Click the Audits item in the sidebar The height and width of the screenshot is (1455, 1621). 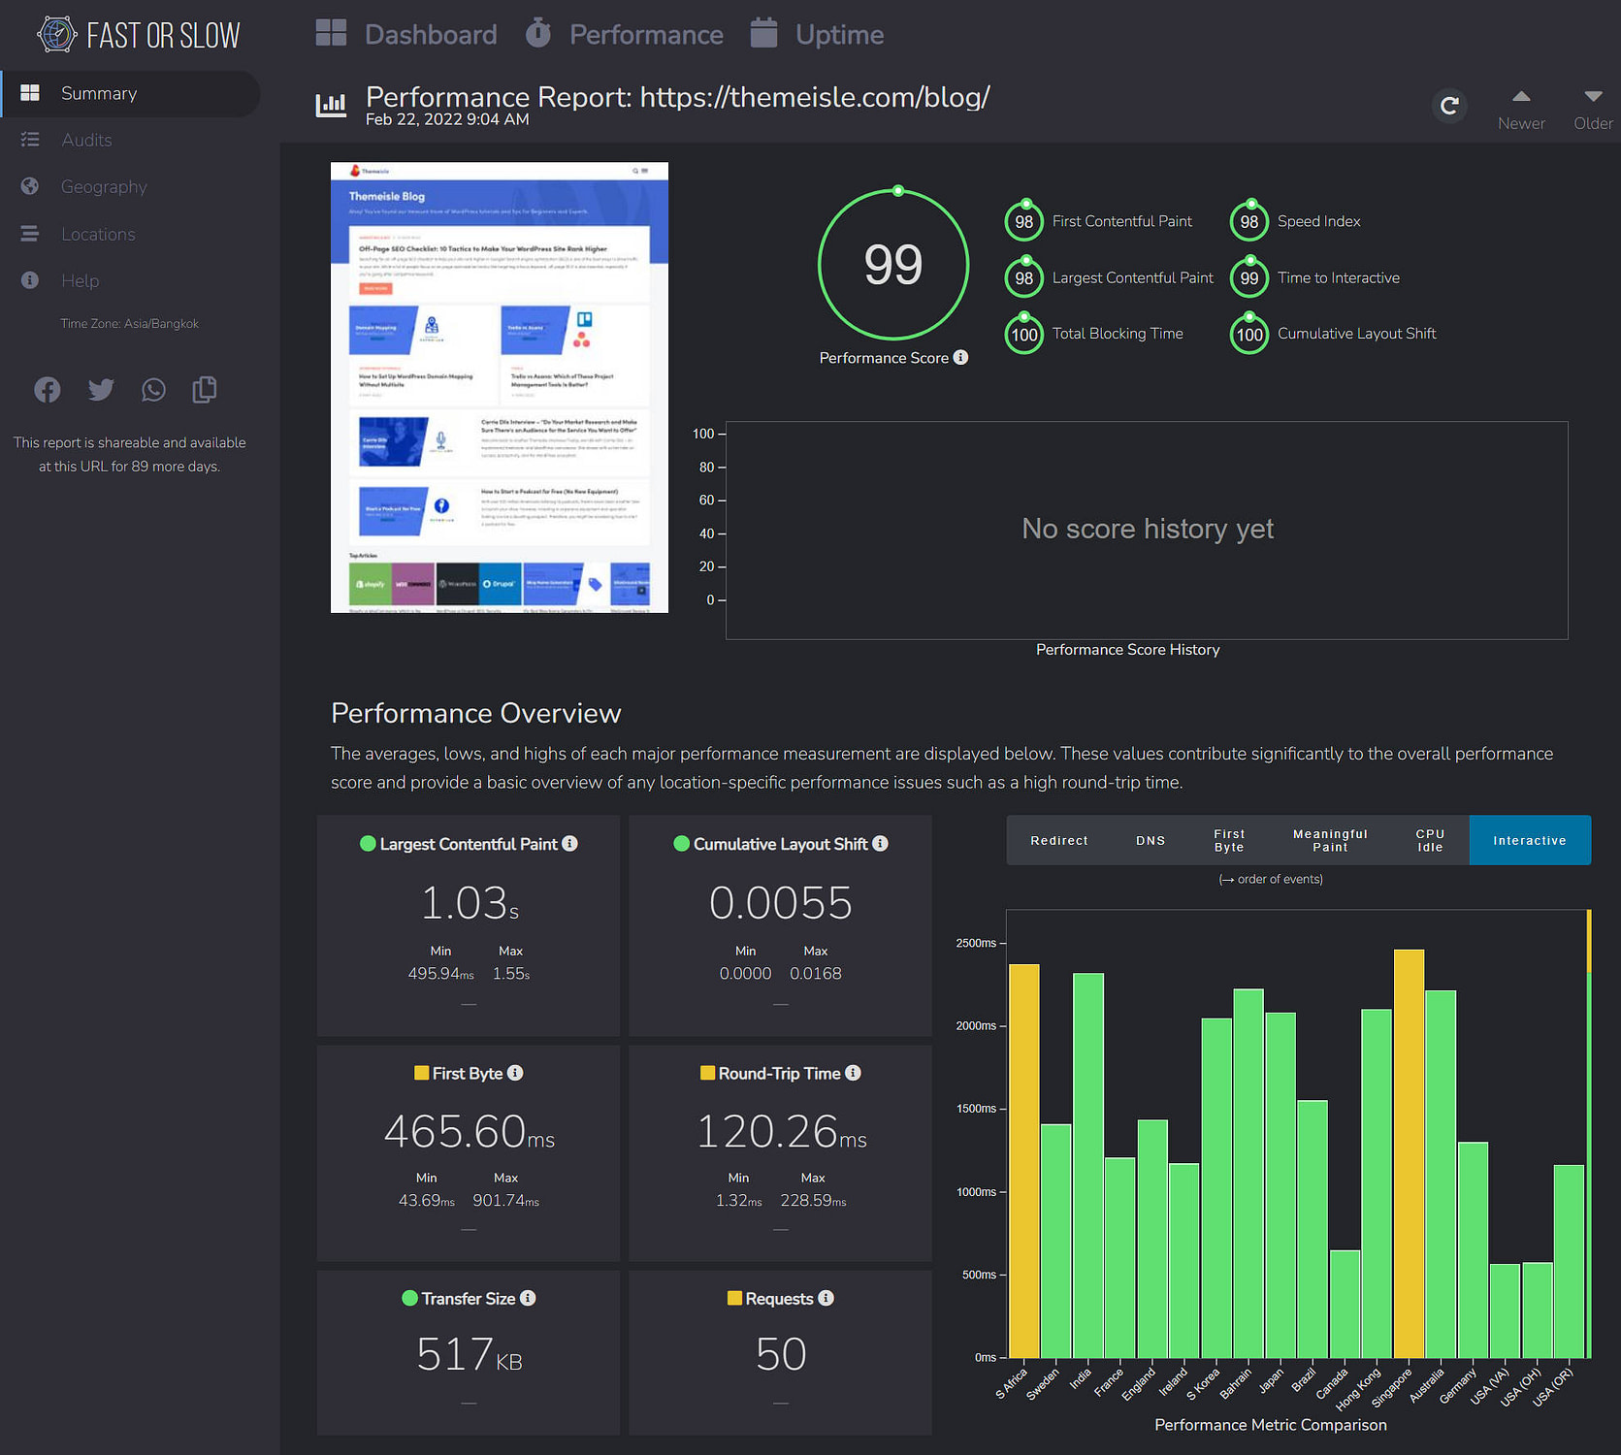coord(86,140)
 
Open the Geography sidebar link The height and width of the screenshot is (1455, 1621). coord(104,186)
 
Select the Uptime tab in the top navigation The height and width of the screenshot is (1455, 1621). coord(838,35)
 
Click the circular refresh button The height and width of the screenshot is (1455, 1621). coord(1449,106)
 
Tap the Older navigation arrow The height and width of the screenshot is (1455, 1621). coord(1593,108)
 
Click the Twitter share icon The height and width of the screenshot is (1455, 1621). coord(101,390)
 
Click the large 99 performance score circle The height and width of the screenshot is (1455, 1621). coord(893,264)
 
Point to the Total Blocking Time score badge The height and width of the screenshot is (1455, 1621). coord(1023,335)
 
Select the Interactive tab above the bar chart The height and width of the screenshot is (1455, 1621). coord(1529,840)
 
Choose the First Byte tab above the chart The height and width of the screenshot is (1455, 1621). coord(1228,840)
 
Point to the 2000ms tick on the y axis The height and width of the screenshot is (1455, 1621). coord(977,1025)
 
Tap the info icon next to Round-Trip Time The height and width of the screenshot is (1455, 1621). coord(853,1073)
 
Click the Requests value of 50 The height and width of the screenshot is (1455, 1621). coord(781,1354)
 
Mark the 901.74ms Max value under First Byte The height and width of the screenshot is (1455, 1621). coord(505,1201)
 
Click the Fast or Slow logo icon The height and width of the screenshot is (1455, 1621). coord(56,35)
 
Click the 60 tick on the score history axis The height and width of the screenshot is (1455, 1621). coord(707,501)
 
